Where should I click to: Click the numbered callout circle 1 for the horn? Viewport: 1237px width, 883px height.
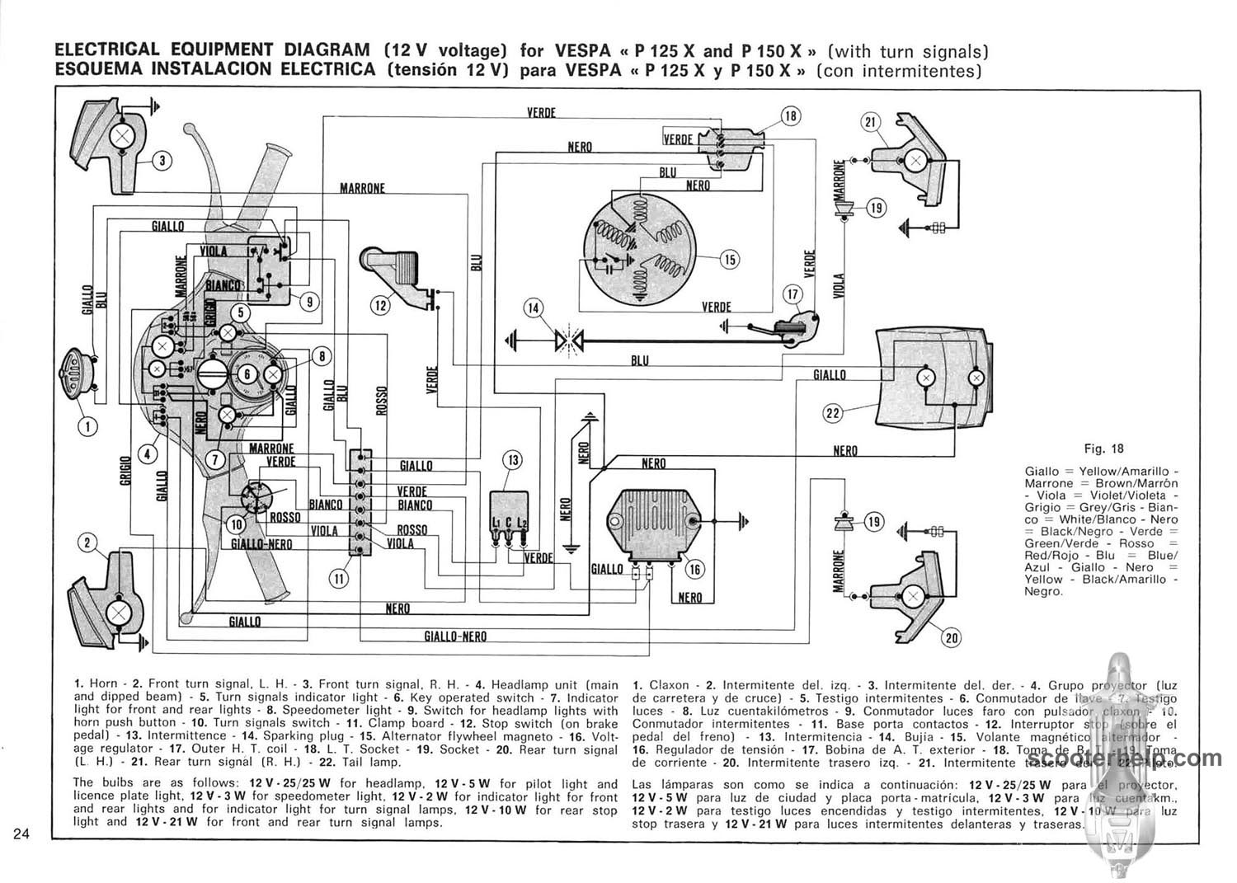click(x=88, y=426)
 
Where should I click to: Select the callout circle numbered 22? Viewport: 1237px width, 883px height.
click(x=833, y=412)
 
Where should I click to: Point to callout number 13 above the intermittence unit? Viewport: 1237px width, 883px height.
click(x=513, y=459)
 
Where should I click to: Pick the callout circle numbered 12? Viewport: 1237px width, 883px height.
click(x=380, y=305)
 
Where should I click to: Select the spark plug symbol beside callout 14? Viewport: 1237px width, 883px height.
click(x=568, y=339)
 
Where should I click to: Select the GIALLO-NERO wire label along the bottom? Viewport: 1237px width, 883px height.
click(x=454, y=636)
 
